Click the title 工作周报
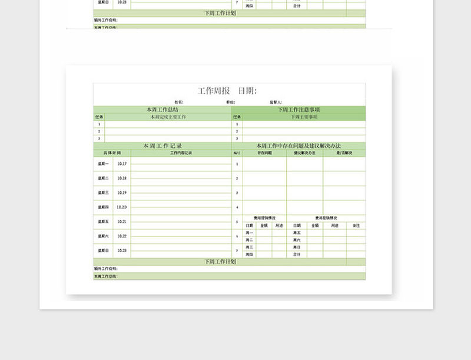(x=214, y=91)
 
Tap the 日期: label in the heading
(x=247, y=91)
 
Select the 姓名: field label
(x=179, y=103)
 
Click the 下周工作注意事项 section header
(x=298, y=110)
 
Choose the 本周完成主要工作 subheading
(x=168, y=117)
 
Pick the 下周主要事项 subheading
(x=304, y=117)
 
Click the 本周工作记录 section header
(x=162, y=146)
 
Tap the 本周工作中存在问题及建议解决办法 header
(x=298, y=146)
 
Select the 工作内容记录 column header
(x=181, y=153)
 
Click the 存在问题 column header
(x=264, y=153)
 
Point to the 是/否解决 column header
(x=344, y=153)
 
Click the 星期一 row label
(x=103, y=163)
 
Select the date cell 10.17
(x=121, y=163)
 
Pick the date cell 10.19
(x=121, y=193)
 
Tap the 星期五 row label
(x=103, y=222)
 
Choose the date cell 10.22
(x=121, y=236)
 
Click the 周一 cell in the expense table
(x=249, y=233)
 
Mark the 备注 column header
(x=356, y=226)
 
